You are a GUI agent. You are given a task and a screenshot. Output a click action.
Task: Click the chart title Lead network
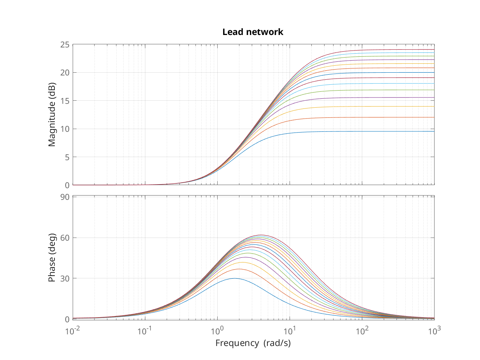pyautogui.click(x=253, y=32)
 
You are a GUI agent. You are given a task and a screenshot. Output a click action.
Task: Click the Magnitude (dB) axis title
pyautogui.click(x=52, y=115)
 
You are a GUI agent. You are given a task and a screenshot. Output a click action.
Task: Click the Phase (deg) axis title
pyautogui.click(x=52, y=257)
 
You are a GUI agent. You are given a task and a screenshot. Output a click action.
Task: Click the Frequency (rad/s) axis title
pyautogui.click(x=253, y=343)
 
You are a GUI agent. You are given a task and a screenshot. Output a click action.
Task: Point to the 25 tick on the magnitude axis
pyautogui.click(x=65, y=45)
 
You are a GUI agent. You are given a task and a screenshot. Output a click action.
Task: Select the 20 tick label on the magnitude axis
pyautogui.click(x=65, y=73)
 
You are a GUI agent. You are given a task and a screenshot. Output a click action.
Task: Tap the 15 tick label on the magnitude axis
pyautogui.click(x=65, y=101)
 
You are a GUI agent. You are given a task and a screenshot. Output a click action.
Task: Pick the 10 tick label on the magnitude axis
pyautogui.click(x=65, y=129)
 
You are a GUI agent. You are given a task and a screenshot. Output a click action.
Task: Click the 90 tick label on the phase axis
pyautogui.click(x=65, y=197)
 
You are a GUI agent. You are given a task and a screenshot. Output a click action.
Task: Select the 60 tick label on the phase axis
pyautogui.click(x=65, y=238)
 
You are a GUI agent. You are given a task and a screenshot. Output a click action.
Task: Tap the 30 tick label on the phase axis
pyautogui.click(x=65, y=278)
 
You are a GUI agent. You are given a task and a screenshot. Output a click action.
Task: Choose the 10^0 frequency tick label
pyautogui.click(x=217, y=331)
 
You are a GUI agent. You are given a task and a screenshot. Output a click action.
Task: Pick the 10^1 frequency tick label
pyautogui.click(x=290, y=331)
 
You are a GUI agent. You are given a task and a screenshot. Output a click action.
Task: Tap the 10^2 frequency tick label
pyautogui.click(x=362, y=331)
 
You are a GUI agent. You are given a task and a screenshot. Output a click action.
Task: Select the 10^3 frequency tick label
pyautogui.click(x=435, y=331)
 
